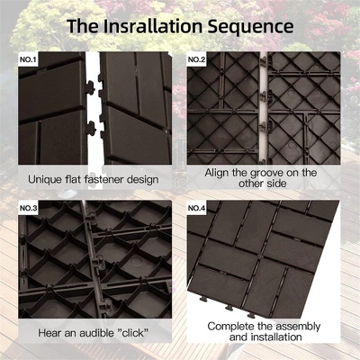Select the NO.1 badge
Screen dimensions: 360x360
[x=30, y=60]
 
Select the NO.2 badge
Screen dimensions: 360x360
[x=198, y=60]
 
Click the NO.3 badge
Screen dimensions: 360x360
[x=30, y=209]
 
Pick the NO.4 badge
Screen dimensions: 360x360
[x=198, y=209]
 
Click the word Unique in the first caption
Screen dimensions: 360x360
[x=46, y=179]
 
